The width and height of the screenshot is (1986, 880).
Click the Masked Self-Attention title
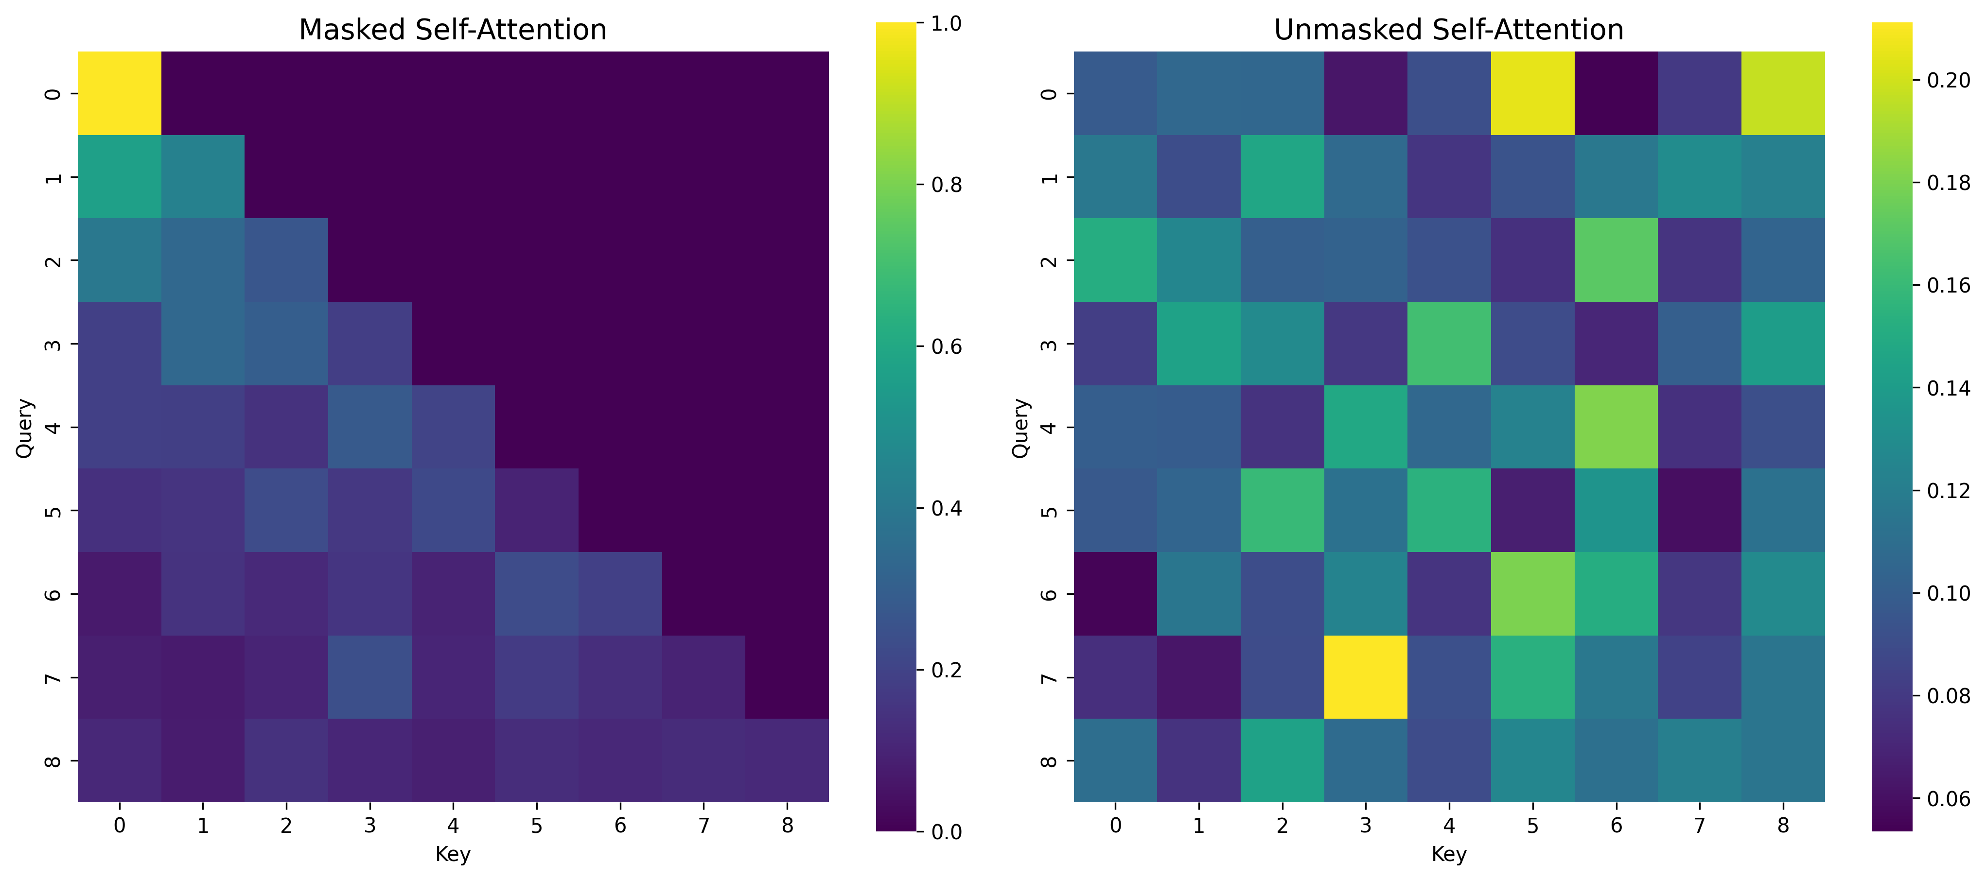pyautogui.click(x=453, y=30)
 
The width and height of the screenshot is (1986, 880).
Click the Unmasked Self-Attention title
pyautogui.click(x=1449, y=30)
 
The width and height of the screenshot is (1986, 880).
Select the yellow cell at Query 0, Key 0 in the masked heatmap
pyautogui.click(x=120, y=93)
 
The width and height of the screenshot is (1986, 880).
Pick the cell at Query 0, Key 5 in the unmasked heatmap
pyautogui.click(x=1532, y=93)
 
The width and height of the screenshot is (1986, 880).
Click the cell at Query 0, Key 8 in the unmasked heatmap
pyautogui.click(x=1782, y=93)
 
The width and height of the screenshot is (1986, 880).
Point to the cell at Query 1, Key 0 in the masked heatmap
pyautogui.click(x=120, y=176)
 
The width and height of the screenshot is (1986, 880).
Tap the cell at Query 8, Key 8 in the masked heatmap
pyautogui.click(x=787, y=760)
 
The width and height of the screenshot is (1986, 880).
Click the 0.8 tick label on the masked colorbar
pyautogui.click(x=946, y=185)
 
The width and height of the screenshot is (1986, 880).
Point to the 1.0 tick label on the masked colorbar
pyautogui.click(x=946, y=24)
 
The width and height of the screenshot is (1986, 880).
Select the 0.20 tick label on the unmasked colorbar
pyautogui.click(x=1948, y=80)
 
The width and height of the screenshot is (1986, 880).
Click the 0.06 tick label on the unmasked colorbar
pyautogui.click(x=1948, y=798)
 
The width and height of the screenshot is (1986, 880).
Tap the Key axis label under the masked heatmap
pyautogui.click(x=453, y=854)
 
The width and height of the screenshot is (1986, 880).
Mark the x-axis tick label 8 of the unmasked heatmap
pyautogui.click(x=1782, y=825)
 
